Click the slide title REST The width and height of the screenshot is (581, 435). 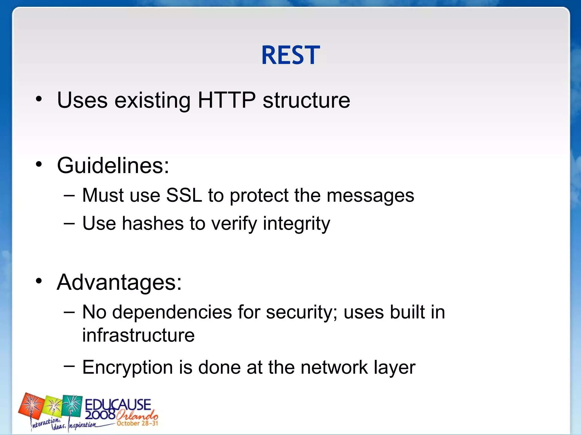point(290,55)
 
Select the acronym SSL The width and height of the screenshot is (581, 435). point(184,195)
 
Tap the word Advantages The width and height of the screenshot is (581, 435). point(119,282)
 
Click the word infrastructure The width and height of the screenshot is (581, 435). point(138,335)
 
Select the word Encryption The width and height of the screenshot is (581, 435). point(127,368)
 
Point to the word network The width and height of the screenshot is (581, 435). point(334,367)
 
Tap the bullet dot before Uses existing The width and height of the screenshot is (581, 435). point(39,99)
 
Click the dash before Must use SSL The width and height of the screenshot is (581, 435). point(69,195)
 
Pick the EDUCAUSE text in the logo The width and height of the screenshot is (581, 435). point(118,404)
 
